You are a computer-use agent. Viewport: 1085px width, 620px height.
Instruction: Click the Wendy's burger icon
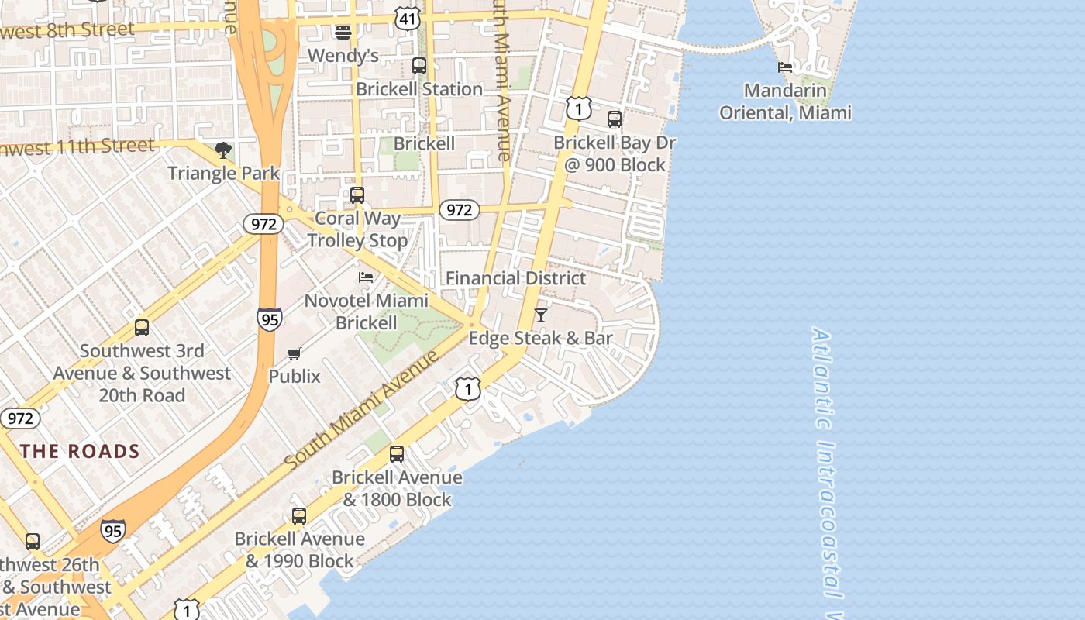click(x=343, y=32)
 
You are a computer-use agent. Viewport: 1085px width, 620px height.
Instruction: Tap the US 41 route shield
click(x=408, y=18)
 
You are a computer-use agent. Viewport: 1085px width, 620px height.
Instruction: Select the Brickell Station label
click(x=419, y=89)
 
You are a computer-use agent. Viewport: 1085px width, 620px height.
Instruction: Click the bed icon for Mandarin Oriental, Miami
click(x=785, y=67)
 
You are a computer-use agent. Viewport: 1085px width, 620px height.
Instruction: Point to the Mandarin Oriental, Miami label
click(x=785, y=102)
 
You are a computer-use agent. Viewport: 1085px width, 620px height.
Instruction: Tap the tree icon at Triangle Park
click(x=223, y=150)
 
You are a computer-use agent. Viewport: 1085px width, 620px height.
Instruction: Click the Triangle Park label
click(x=223, y=172)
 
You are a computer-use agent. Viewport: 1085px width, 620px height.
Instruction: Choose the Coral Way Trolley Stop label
click(x=357, y=229)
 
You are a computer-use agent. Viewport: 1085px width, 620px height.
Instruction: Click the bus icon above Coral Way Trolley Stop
click(x=357, y=195)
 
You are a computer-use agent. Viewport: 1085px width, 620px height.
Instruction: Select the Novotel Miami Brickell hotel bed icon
click(x=366, y=277)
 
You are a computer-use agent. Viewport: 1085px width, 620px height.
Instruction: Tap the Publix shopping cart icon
click(x=294, y=354)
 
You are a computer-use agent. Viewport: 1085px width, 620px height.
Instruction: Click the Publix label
click(x=294, y=377)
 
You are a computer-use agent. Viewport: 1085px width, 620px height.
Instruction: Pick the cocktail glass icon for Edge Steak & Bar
click(x=541, y=315)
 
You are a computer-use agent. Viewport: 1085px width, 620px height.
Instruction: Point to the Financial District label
click(x=515, y=278)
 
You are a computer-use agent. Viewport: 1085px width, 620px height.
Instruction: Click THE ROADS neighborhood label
click(x=80, y=451)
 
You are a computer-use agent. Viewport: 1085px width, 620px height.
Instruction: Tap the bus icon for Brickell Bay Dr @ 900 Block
click(x=615, y=119)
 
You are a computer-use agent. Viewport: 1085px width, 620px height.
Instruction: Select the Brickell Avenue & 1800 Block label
click(x=397, y=488)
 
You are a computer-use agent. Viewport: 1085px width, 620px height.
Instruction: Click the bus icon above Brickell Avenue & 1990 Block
click(x=299, y=515)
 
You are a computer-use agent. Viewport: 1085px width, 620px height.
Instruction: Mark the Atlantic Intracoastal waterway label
click(x=828, y=465)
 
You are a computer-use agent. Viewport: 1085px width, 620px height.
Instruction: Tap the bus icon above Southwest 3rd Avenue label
click(x=142, y=327)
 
